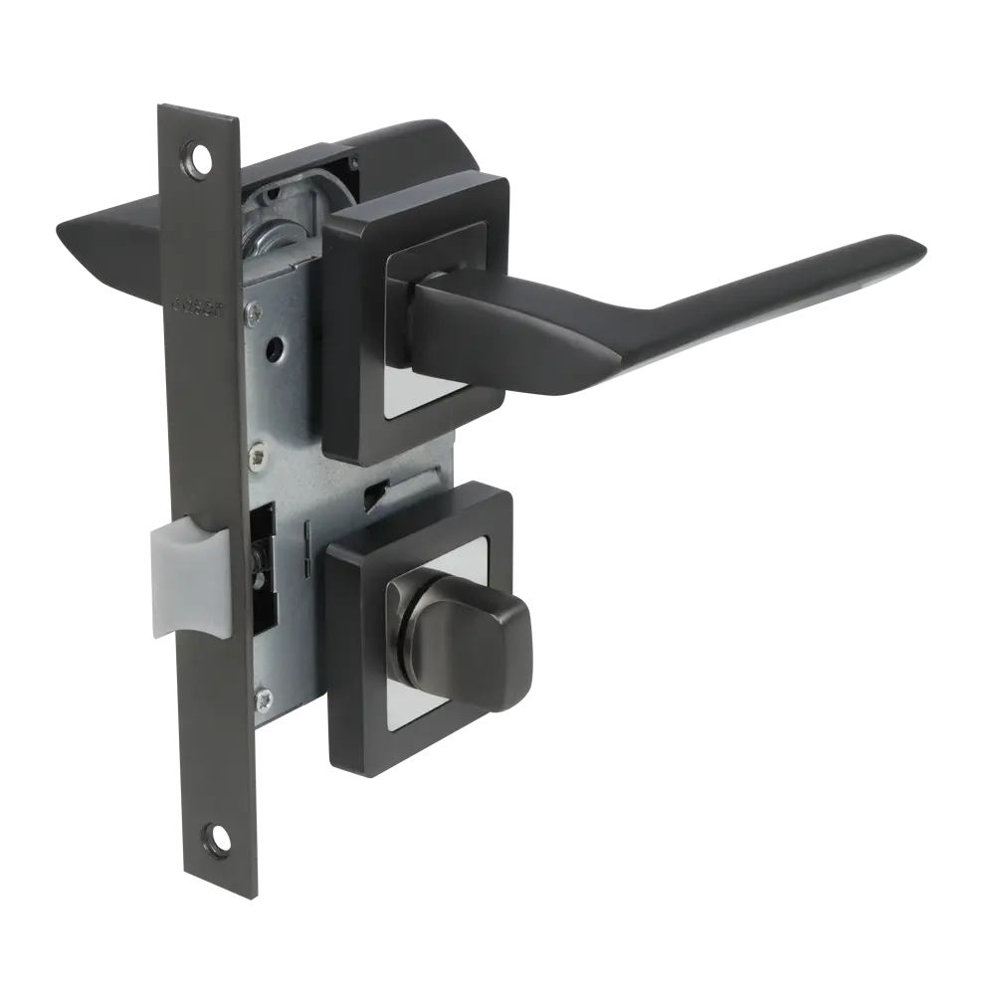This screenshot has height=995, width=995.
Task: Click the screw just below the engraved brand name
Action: [x=257, y=316]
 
